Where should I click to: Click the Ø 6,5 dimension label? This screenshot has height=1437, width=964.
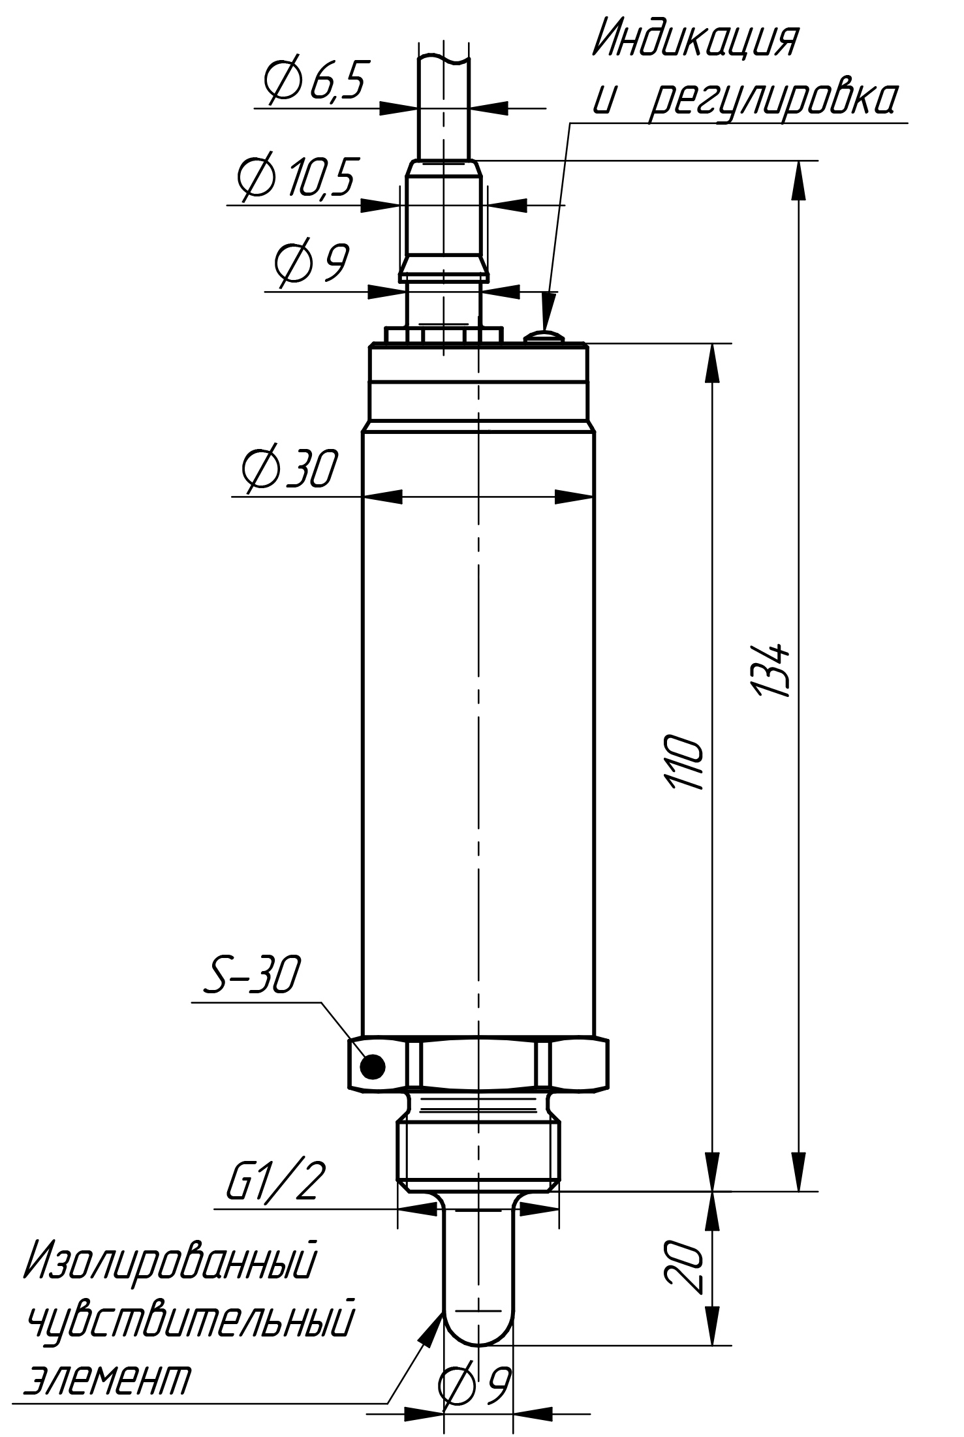[313, 80]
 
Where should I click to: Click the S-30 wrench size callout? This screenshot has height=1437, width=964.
[252, 975]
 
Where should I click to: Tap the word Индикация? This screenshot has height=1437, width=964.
[696, 40]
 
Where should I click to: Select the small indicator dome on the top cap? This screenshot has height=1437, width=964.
[542, 337]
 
